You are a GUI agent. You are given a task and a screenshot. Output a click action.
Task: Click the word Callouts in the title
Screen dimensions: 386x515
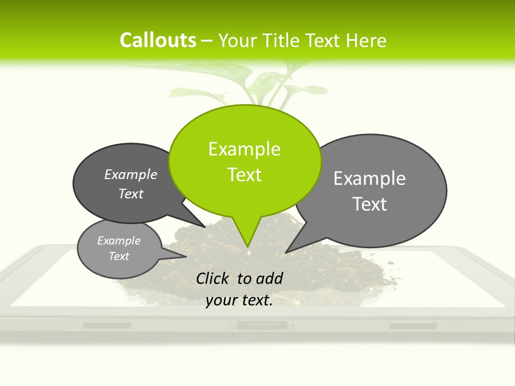(x=158, y=40)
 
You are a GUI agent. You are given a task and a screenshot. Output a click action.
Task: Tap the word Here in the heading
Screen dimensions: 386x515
(x=366, y=40)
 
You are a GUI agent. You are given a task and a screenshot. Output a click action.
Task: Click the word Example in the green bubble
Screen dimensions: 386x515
(x=244, y=149)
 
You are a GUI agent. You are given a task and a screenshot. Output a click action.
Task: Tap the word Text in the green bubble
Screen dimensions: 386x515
(x=244, y=175)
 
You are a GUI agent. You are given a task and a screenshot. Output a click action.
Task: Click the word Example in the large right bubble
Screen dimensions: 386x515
(x=370, y=179)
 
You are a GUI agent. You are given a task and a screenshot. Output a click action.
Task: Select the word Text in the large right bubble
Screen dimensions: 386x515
(x=370, y=204)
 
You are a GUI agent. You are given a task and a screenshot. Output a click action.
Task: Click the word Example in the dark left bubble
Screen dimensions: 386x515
(x=131, y=174)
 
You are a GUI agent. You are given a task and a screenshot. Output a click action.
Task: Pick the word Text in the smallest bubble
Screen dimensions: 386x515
(x=119, y=256)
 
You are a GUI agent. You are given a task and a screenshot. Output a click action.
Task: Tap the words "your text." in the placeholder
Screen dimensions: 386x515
(x=239, y=300)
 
